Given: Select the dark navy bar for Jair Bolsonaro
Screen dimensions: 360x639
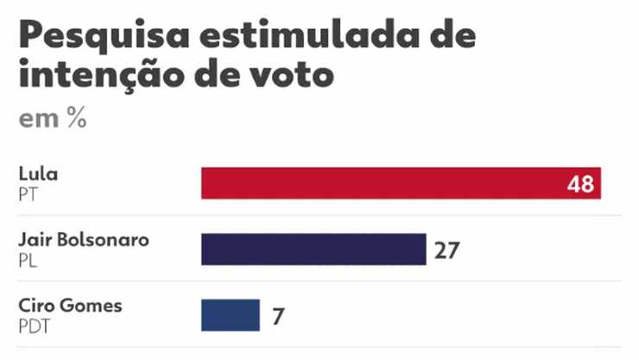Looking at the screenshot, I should click(313, 249).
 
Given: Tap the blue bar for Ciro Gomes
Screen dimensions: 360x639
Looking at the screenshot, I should click(231, 315).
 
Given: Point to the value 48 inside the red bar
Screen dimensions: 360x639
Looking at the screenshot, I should click(581, 184).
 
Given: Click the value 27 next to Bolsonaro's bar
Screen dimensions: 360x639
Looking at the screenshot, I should click(446, 250).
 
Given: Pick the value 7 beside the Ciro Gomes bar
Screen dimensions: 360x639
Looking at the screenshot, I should click(277, 316).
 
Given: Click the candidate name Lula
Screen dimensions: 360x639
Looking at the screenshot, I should click(38, 174).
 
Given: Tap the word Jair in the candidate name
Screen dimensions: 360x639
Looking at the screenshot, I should click(34, 240).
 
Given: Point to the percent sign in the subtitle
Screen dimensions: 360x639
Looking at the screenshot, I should click(76, 119).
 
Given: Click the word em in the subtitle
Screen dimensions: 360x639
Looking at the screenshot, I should click(38, 120).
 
